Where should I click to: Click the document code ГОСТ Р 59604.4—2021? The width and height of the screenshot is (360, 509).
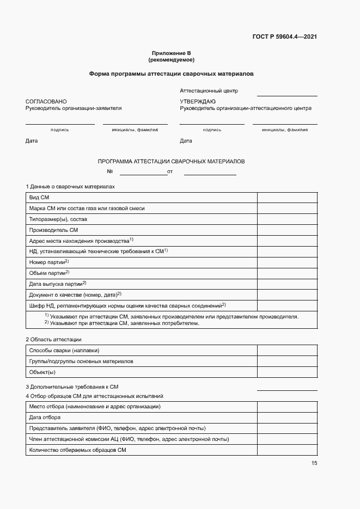coord(285,37)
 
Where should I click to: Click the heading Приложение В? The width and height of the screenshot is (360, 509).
coord(172,53)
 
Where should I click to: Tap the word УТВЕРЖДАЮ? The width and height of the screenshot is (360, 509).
coord(198,102)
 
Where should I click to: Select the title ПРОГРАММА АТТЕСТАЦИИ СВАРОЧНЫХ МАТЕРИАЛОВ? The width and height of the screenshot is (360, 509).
coord(171,162)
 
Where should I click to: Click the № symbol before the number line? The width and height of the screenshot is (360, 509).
coord(109,171)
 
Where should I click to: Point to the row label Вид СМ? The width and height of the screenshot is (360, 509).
coord(39,198)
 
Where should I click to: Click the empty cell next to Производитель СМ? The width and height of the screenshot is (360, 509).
coord(287,230)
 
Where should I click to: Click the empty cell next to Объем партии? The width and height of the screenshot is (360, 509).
coord(287,273)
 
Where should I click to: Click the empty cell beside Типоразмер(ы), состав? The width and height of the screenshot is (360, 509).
coord(287,219)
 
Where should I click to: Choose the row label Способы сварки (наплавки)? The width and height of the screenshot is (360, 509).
coord(64,350)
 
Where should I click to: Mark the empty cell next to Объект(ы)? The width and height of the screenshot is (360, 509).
coord(287,372)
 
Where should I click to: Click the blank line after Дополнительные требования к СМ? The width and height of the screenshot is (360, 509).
coord(287,388)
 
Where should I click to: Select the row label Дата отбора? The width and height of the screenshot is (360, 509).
coord(44,418)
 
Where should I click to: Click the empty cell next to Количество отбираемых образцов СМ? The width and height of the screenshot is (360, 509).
coord(287,450)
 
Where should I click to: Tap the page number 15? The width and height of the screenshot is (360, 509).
coord(314,463)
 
